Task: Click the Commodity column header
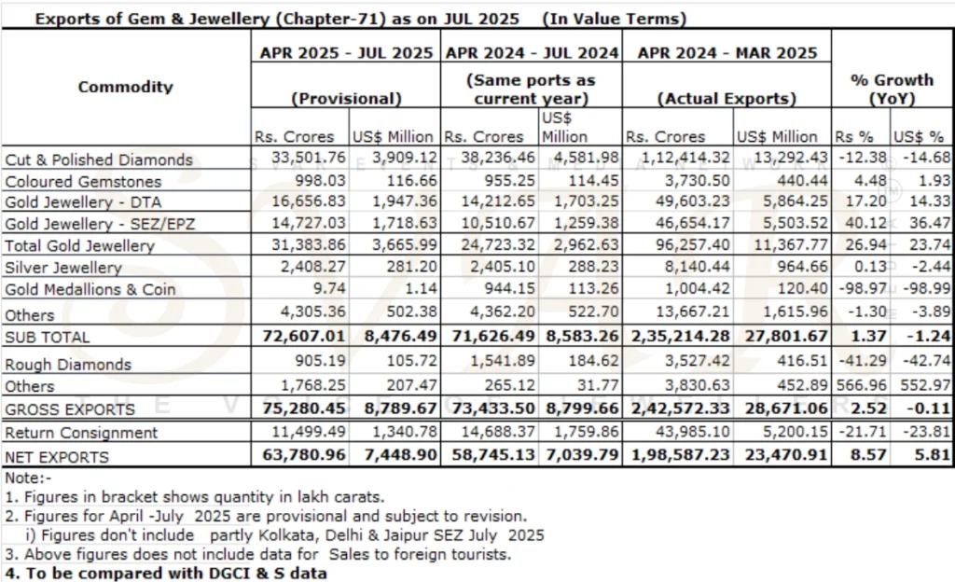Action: (x=125, y=87)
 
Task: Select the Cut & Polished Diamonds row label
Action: (x=98, y=159)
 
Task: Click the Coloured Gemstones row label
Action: (x=83, y=182)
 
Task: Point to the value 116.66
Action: (x=411, y=181)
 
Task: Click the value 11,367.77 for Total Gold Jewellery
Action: (x=782, y=246)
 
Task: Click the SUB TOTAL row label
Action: (x=48, y=337)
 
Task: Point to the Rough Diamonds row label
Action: (x=68, y=364)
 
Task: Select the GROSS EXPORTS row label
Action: (x=70, y=409)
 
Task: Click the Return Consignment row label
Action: (x=81, y=433)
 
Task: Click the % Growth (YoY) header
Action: (x=892, y=89)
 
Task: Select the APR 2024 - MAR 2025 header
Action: (x=727, y=53)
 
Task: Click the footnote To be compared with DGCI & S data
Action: (x=166, y=573)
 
